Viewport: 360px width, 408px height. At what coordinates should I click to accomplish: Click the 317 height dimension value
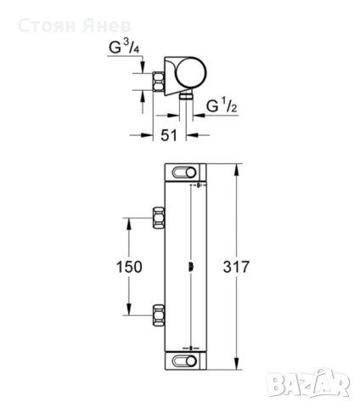pyautogui.click(x=236, y=267)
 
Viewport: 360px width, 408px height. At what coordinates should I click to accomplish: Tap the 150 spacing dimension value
pyautogui.click(x=129, y=267)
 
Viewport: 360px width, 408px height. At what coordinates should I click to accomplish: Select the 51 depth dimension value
pyautogui.click(x=169, y=135)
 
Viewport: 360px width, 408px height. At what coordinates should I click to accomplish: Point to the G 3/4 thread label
pyautogui.click(x=124, y=47)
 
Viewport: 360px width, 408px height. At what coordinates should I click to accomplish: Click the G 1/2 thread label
pyautogui.click(x=222, y=105)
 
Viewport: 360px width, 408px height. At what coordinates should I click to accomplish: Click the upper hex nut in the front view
pyautogui.click(x=159, y=218)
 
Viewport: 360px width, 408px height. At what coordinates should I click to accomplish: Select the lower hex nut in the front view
pyautogui.click(x=159, y=314)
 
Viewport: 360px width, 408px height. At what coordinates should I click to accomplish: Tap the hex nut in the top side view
pyautogui.click(x=159, y=82)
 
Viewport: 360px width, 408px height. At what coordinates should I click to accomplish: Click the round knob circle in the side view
pyautogui.click(x=191, y=72)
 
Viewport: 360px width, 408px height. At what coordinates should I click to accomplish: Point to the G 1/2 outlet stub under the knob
pyautogui.click(x=186, y=96)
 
